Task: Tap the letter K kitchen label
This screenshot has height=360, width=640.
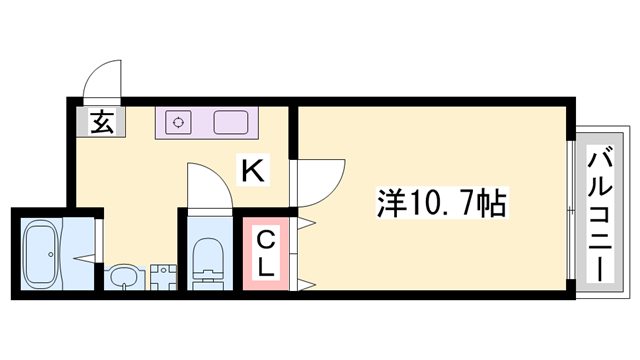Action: pos(253,171)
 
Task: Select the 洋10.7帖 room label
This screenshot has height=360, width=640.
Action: pos(441,204)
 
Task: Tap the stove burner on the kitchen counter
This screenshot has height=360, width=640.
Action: pos(179,122)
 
